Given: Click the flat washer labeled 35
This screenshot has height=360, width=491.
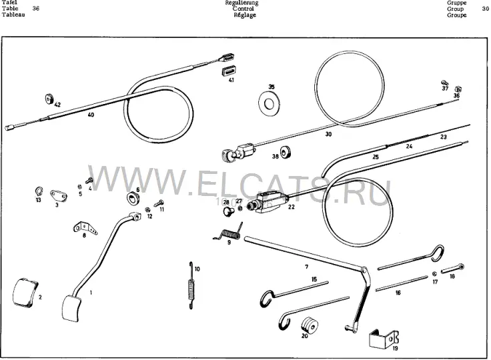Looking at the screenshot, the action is coord(269,103).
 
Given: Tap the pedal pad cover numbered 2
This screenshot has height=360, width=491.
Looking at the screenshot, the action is coord(25,292).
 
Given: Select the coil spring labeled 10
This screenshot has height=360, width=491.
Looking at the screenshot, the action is coord(191,285).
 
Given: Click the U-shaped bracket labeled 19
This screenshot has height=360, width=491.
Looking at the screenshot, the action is coord(384,339).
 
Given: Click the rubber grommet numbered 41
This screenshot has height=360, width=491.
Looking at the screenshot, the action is coord(227,71).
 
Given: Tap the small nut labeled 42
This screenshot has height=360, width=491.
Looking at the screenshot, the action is coord(49,99).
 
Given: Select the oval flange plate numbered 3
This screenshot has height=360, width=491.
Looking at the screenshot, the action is coord(59,195).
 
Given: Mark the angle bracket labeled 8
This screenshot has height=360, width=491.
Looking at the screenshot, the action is coord(85,227).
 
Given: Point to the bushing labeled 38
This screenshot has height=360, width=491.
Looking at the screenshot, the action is coord(286,152).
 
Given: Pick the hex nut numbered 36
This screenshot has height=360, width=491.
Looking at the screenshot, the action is coord(458,89).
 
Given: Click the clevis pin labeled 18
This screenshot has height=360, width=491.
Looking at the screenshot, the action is coord(453,269).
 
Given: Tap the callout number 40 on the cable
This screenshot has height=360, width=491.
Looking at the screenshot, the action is coord(91,115).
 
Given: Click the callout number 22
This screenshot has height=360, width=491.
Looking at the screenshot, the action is coord(292,207).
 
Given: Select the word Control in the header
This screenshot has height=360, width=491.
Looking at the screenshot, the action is coord(243,9).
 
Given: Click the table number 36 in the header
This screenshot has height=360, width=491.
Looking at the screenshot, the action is coord(36,9).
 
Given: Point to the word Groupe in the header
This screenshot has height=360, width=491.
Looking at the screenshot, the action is coord(456,15).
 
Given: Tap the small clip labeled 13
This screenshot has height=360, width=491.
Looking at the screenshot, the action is coord(39,191).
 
